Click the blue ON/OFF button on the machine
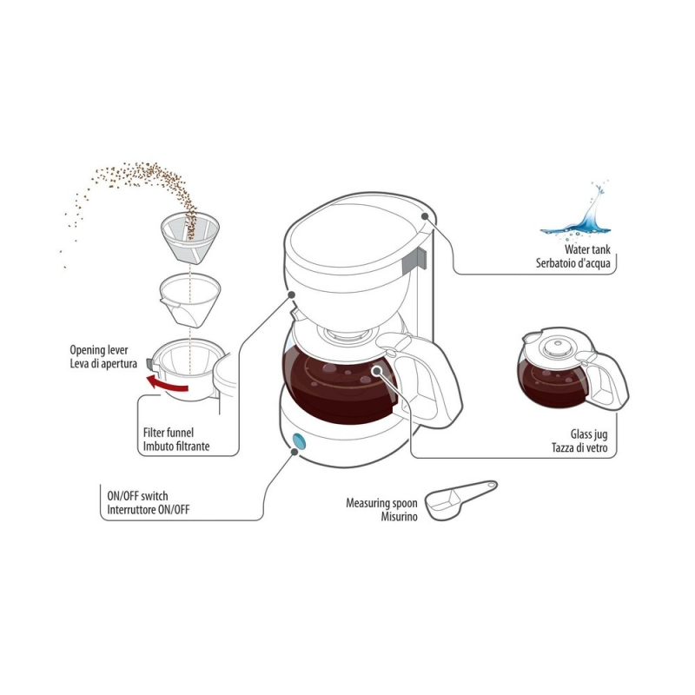299,441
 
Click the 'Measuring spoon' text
381,504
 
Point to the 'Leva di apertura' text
103,364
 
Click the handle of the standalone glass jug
612,381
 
